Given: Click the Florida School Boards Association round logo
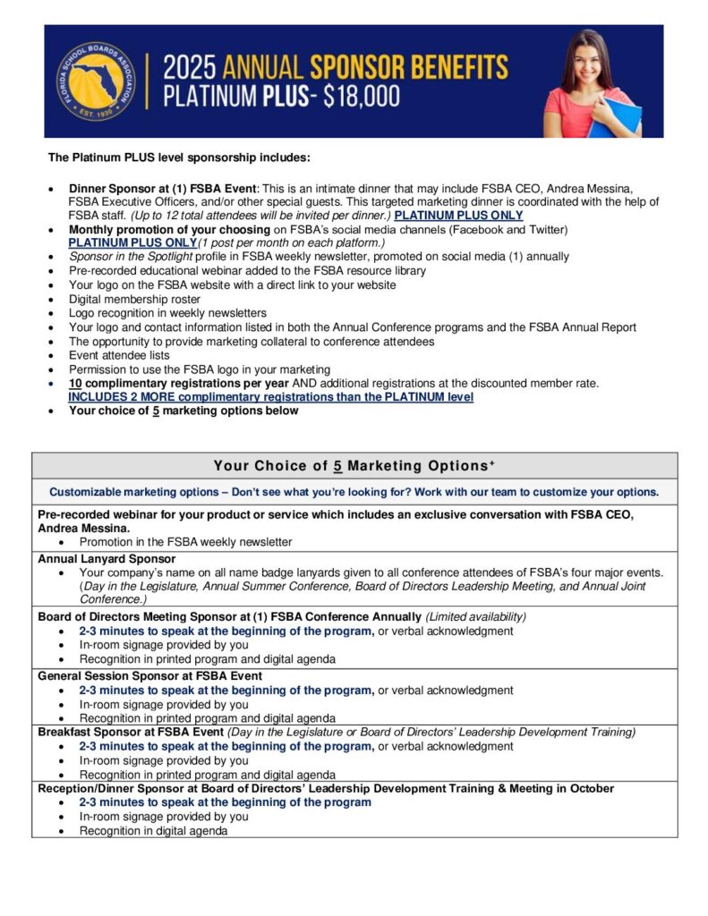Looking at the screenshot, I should (96, 82).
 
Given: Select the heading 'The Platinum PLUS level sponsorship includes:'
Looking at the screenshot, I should (179, 158).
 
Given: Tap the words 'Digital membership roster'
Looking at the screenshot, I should (134, 299).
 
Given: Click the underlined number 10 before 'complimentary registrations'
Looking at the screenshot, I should (76, 383).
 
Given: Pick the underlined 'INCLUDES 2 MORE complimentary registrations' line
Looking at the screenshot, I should (270, 396).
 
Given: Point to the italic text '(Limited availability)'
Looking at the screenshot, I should (476, 617).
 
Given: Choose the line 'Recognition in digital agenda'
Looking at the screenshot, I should (153, 830).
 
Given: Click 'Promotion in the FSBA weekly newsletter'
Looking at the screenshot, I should (185, 541).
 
